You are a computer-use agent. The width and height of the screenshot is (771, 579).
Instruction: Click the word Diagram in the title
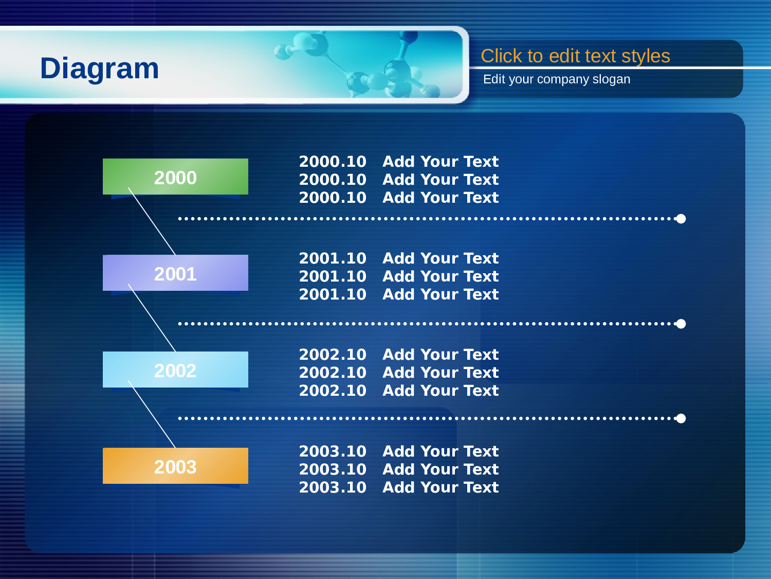tap(99, 68)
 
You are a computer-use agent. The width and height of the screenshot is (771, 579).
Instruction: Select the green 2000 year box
tap(175, 177)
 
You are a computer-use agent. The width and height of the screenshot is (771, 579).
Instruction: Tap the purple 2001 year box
tap(175, 273)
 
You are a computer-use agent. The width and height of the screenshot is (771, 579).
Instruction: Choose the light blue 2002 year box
tap(175, 370)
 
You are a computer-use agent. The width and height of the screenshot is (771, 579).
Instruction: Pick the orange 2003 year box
tap(175, 466)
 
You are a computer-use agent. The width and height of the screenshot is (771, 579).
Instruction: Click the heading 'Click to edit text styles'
tap(575, 56)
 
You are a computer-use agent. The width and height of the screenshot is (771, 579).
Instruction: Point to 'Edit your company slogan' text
tap(557, 79)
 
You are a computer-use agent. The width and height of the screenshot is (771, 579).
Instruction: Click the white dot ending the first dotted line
tap(681, 219)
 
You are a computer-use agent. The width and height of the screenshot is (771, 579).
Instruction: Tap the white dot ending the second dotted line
tap(681, 324)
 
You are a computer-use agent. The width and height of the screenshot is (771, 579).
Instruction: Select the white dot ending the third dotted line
tap(681, 418)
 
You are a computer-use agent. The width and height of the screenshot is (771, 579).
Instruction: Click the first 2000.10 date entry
tap(333, 162)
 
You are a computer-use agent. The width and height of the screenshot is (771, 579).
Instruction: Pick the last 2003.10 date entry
tap(333, 487)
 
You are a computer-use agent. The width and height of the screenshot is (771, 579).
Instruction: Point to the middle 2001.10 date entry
tap(333, 277)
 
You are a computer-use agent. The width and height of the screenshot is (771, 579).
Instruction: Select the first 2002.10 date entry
tap(333, 355)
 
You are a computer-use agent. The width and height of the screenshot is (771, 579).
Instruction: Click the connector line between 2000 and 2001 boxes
tap(152, 221)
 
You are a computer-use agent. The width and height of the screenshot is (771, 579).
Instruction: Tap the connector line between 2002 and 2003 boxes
tap(152, 414)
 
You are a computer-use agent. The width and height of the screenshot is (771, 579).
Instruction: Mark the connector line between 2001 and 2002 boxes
tap(152, 318)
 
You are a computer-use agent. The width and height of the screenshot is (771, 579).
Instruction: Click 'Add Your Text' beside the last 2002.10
tap(440, 391)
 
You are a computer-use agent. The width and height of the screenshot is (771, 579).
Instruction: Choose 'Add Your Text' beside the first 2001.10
tap(440, 259)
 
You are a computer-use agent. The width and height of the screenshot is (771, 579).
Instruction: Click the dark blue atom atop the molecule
tap(409, 37)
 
